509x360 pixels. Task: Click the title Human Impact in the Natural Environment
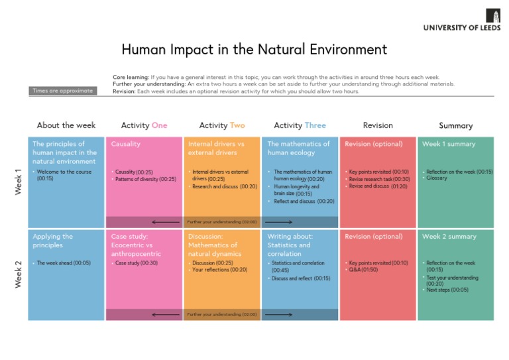pyautogui.click(x=254, y=50)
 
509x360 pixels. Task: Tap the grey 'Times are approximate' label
pyautogui.click(x=63, y=91)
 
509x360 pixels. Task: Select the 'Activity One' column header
pyautogui.click(x=144, y=125)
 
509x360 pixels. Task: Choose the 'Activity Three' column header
pyautogui.click(x=300, y=125)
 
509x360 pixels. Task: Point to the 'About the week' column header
pyautogui.click(x=66, y=125)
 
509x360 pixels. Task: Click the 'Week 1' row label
pyautogui.click(x=18, y=182)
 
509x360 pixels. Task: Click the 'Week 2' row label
pyautogui.click(x=18, y=274)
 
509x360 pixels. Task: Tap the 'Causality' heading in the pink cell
pyautogui.click(x=125, y=144)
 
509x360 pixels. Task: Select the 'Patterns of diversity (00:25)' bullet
pyautogui.click(x=145, y=179)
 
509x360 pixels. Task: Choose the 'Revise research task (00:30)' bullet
pyautogui.click(x=379, y=179)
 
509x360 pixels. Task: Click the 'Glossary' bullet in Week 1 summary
pyautogui.click(x=437, y=178)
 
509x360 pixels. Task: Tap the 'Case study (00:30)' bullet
pyautogui.click(x=136, y=263)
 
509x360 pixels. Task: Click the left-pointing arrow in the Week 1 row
pyautogui.click(x=165, y=222)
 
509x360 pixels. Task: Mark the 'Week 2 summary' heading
pyautogui.click(x=449, y=237)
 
